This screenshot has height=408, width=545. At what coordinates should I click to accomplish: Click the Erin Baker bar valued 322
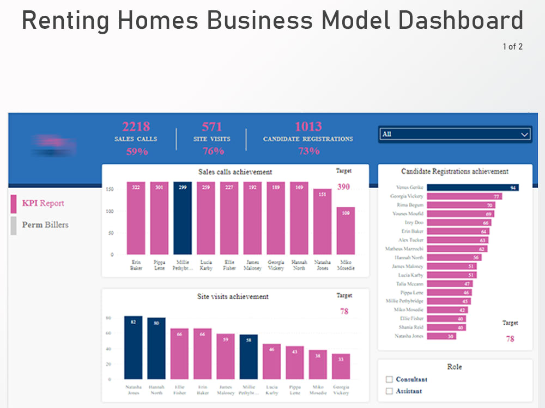click(136, 218)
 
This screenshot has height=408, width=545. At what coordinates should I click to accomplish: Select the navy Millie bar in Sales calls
click(183, 218)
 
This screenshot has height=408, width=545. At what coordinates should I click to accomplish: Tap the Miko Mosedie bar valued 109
click(346, 231)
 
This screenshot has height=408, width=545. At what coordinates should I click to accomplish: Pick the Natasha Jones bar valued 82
click(133, 348)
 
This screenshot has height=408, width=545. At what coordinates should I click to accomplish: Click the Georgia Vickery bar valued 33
click(341, 367)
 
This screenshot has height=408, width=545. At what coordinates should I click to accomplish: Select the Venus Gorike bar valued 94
click(472, 188)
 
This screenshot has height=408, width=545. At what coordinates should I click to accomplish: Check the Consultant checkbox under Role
click(389, 379)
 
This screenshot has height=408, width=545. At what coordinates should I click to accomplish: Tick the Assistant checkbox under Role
click(389, 391)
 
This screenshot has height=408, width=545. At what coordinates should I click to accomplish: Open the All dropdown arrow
click(524, 134)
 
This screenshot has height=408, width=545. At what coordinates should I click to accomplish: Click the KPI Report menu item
click(43, 203)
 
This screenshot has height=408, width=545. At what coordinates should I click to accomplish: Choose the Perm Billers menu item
click(45, 225)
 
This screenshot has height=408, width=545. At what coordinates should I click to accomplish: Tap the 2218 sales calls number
click(136, 127)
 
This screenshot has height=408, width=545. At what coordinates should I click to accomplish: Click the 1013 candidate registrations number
click(308, 127)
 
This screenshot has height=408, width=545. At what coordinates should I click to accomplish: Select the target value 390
click(343, 187)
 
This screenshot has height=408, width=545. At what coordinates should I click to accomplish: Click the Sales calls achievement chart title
click(235, 172)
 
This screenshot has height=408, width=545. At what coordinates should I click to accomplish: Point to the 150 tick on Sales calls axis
click(110, 189)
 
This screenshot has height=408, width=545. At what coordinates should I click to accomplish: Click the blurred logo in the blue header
click(53, 145)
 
